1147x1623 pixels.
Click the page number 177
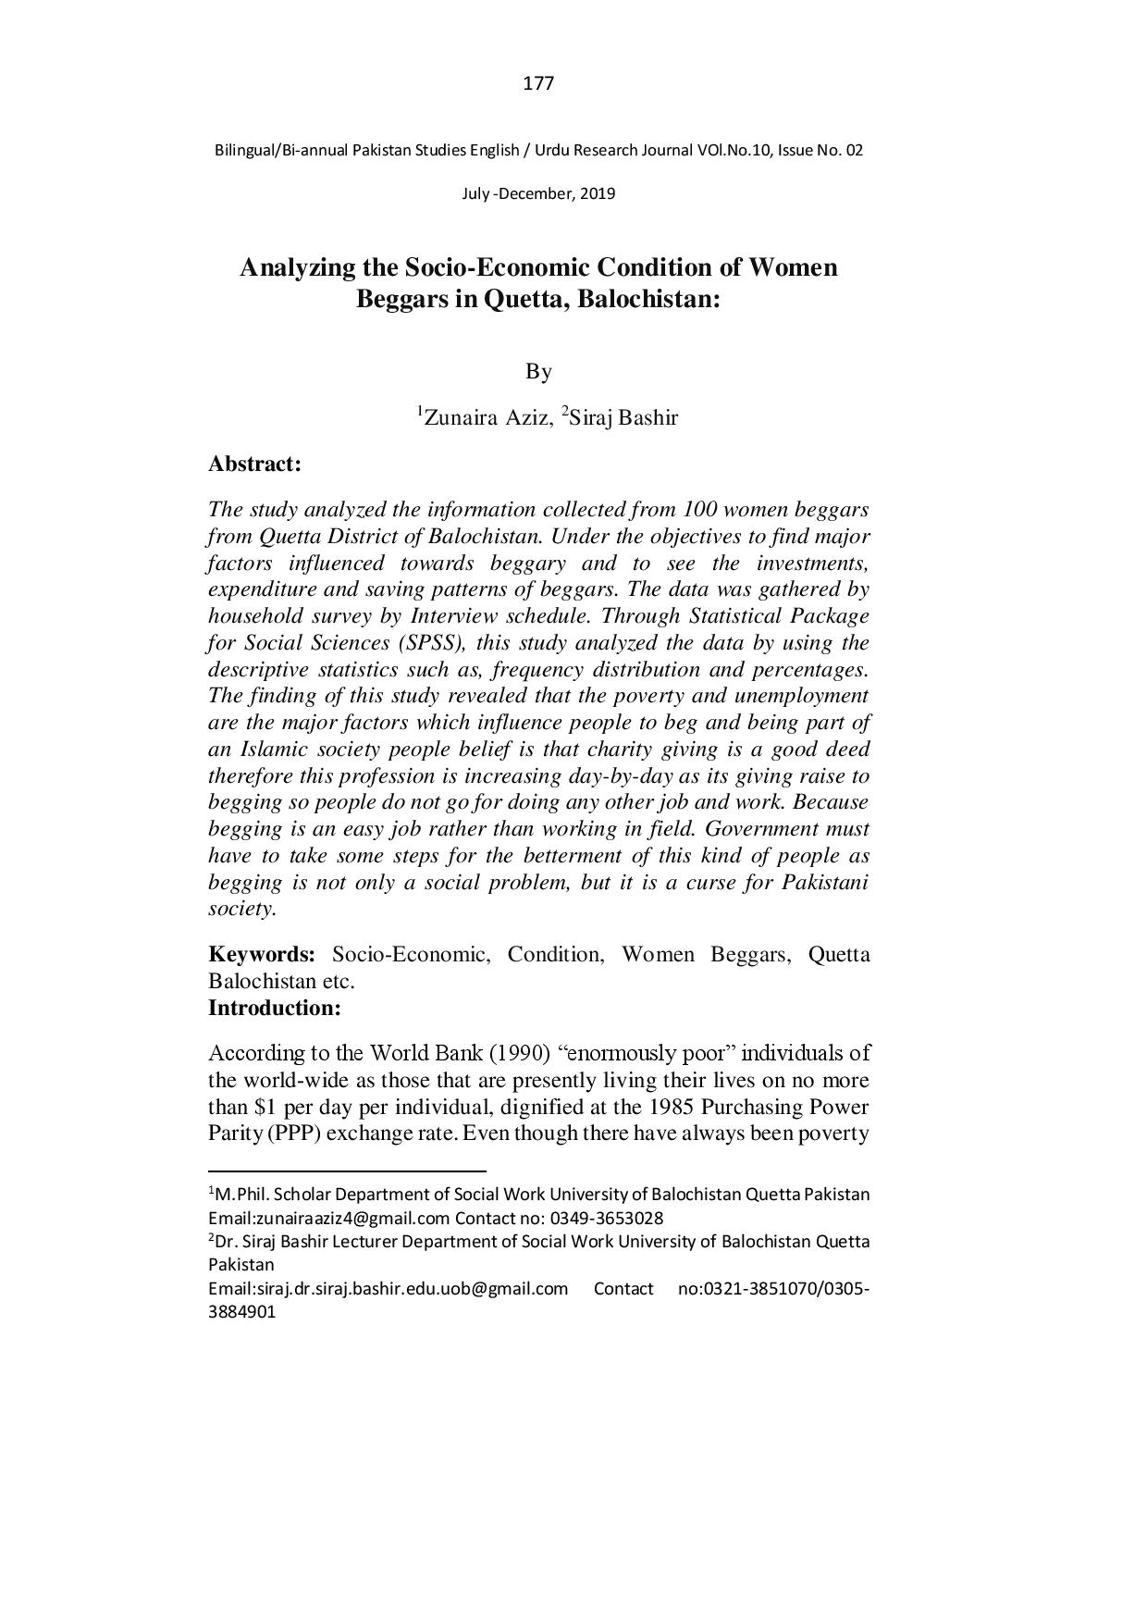538,84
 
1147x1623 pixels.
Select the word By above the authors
538,372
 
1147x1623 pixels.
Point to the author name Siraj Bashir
623,418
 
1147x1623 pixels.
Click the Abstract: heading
254,465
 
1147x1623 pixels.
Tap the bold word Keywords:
262,955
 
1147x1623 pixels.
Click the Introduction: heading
275,1008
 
